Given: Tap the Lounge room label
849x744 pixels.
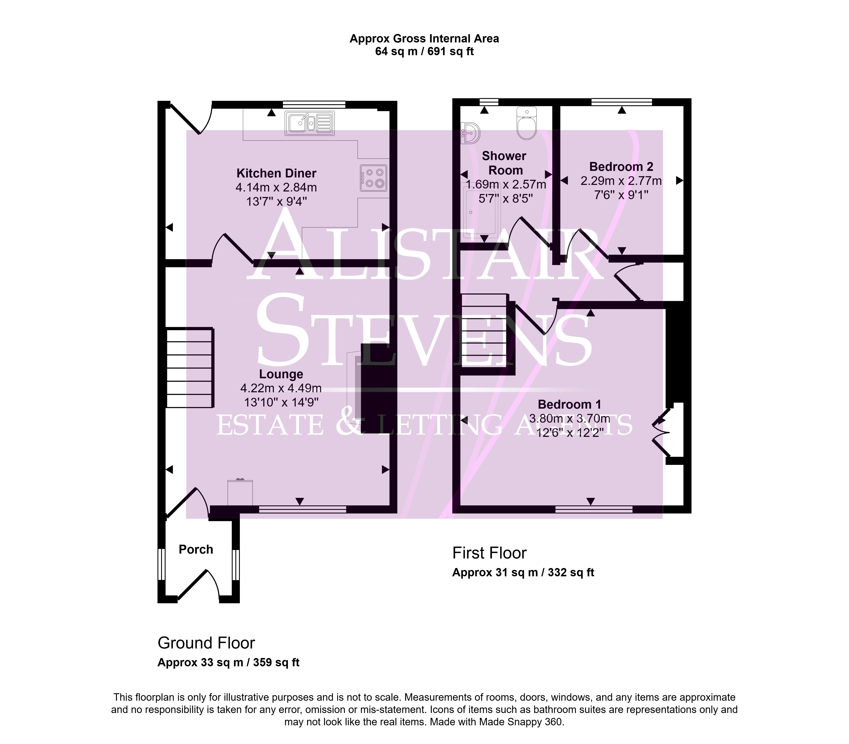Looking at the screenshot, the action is (281, 374).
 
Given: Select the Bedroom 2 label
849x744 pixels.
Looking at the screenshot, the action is (621, 166).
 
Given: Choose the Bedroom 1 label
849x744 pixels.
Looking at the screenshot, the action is (569, 404).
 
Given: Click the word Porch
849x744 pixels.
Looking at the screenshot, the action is (196, 549).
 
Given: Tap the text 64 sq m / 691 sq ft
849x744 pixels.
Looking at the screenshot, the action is (424, 52).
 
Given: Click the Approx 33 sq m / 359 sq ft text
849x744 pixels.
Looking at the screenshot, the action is (228, 662).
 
